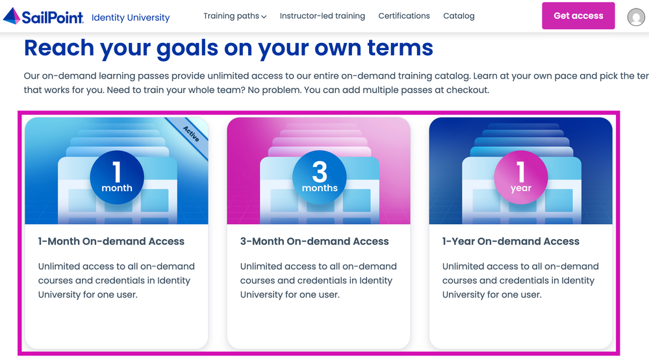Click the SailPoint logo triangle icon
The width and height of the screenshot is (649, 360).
tap(12, 16)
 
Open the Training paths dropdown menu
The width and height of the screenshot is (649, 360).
tap(235, 16)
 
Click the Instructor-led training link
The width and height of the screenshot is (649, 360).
tap(322, 16)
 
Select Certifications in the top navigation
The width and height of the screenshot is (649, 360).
tap(404, 16)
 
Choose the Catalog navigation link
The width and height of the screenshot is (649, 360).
tap(459, 16)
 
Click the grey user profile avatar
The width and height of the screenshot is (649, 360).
tap(636, 17)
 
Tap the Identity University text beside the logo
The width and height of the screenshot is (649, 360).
tap(131, 18)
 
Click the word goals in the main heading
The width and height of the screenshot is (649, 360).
tap(187, 49)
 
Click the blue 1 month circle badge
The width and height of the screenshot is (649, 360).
tap(117, 177)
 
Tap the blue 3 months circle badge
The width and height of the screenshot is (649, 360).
tap(320, 177)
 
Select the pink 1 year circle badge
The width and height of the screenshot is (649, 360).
tap(520, 177)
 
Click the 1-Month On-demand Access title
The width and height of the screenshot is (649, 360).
tap(111, 241)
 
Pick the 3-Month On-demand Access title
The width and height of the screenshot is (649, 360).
tap(314, 241)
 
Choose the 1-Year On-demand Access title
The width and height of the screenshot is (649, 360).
tap(511, 241)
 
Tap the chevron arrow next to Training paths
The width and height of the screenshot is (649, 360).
tap(264, 17)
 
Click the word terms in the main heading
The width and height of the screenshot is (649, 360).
tap(400, 47)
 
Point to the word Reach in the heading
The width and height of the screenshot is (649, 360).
tap(59, 47)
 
